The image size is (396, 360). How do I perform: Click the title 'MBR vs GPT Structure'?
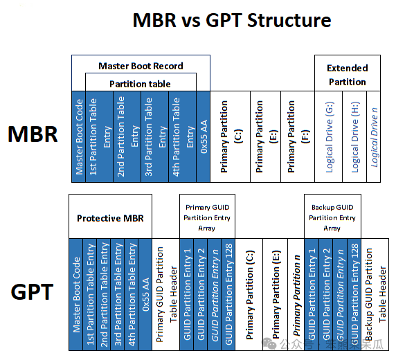click(x=231, y=20)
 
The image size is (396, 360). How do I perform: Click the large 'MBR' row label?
click(x=33, y=134)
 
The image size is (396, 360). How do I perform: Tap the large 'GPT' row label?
click(x=33, y=292)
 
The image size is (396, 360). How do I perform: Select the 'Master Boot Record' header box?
click(x=141, y=66)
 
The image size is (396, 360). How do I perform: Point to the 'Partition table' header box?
click(x=141, y=84)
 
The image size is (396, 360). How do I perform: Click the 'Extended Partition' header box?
click(x=347, y=74)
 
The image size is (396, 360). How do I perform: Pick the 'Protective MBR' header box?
click(x=110, y=218)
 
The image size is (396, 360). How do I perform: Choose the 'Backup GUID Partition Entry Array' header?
click(x=332, y=217)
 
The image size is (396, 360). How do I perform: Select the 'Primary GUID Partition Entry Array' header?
click(x=208, y=217)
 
